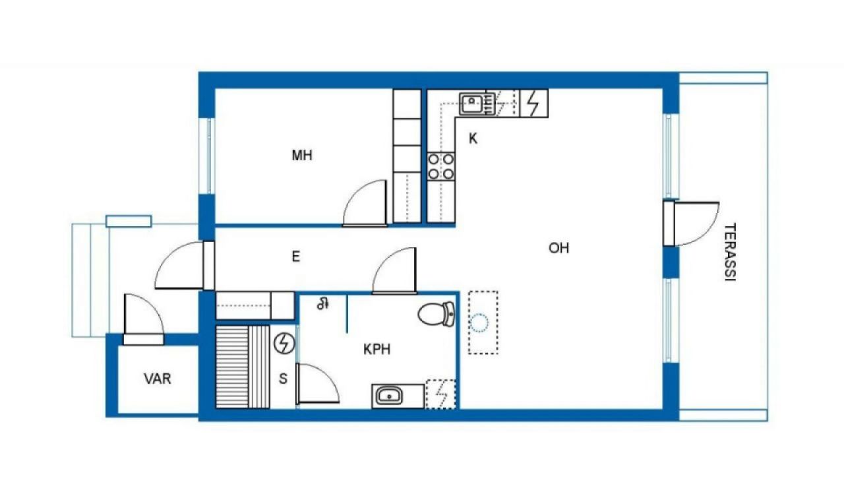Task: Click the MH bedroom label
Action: [x=302, y=155]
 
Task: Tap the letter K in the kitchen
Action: [x=473, y=138]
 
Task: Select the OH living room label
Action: [x=558, y=248]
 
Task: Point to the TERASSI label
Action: [x=730, y=252]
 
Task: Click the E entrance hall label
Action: [x=296, y=257]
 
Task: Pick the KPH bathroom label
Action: [x=377, y=350]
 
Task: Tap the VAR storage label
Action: [x=158, y=379]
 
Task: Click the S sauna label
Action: [x=283, y=379]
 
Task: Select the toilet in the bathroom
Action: [x=437, y=314]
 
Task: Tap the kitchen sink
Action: [x=471, y=104]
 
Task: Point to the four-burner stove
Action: [x=441, y=166]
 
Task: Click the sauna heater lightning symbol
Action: [x=284, y=344]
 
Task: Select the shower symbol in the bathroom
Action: [x=323, y=303]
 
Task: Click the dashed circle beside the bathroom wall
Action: [x=479, y=323]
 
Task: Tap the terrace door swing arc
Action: [x=708, y=229]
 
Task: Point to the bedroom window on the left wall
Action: [x=209, y=156]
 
